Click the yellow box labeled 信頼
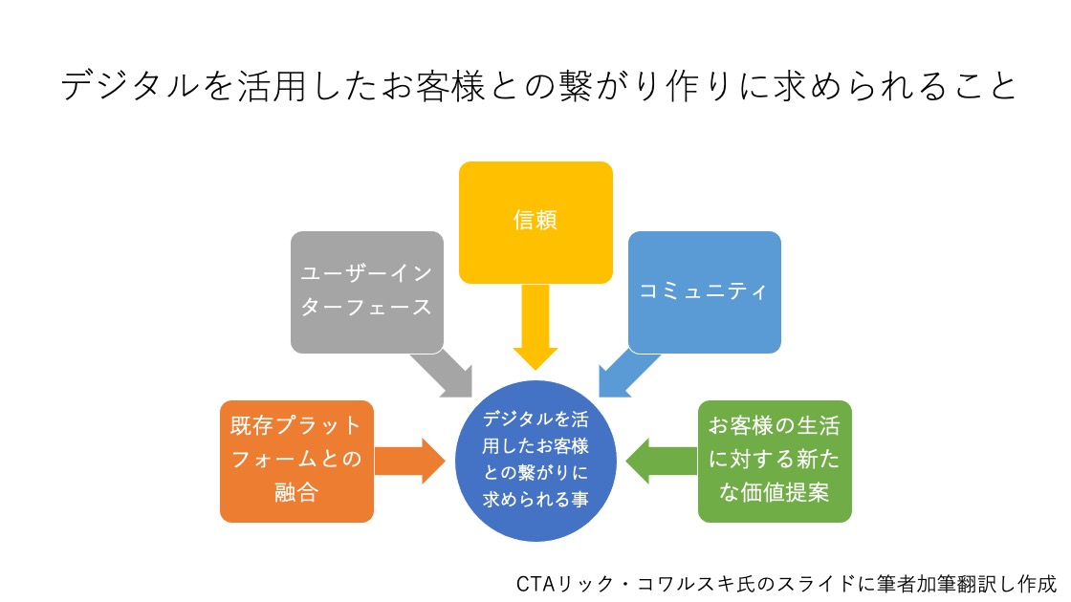(535, 222)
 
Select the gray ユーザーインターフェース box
(367, 291)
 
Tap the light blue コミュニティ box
(704, 291)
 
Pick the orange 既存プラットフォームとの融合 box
(296, 461)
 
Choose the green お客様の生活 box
(774, 461)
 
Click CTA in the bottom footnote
(533, 583)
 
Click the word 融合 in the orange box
(296, 494)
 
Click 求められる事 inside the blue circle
(535, 499)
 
